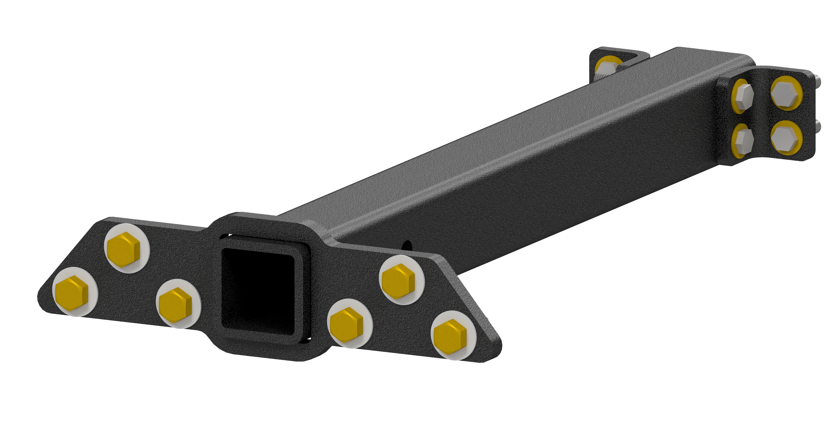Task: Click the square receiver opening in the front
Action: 258,292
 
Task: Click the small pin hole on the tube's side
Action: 407,246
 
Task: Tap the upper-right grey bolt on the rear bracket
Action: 786,93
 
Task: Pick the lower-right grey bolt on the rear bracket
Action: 786,138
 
